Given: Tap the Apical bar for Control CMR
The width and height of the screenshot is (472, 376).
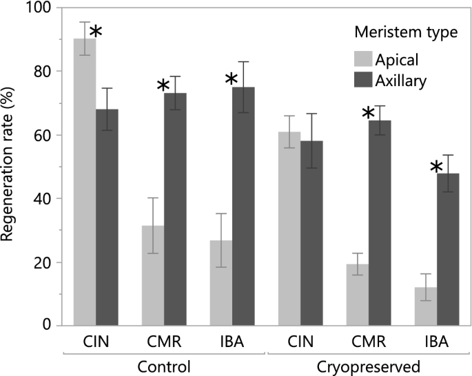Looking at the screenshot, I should pos(152,275).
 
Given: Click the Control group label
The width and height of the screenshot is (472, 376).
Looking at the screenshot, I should pos(164,366).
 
